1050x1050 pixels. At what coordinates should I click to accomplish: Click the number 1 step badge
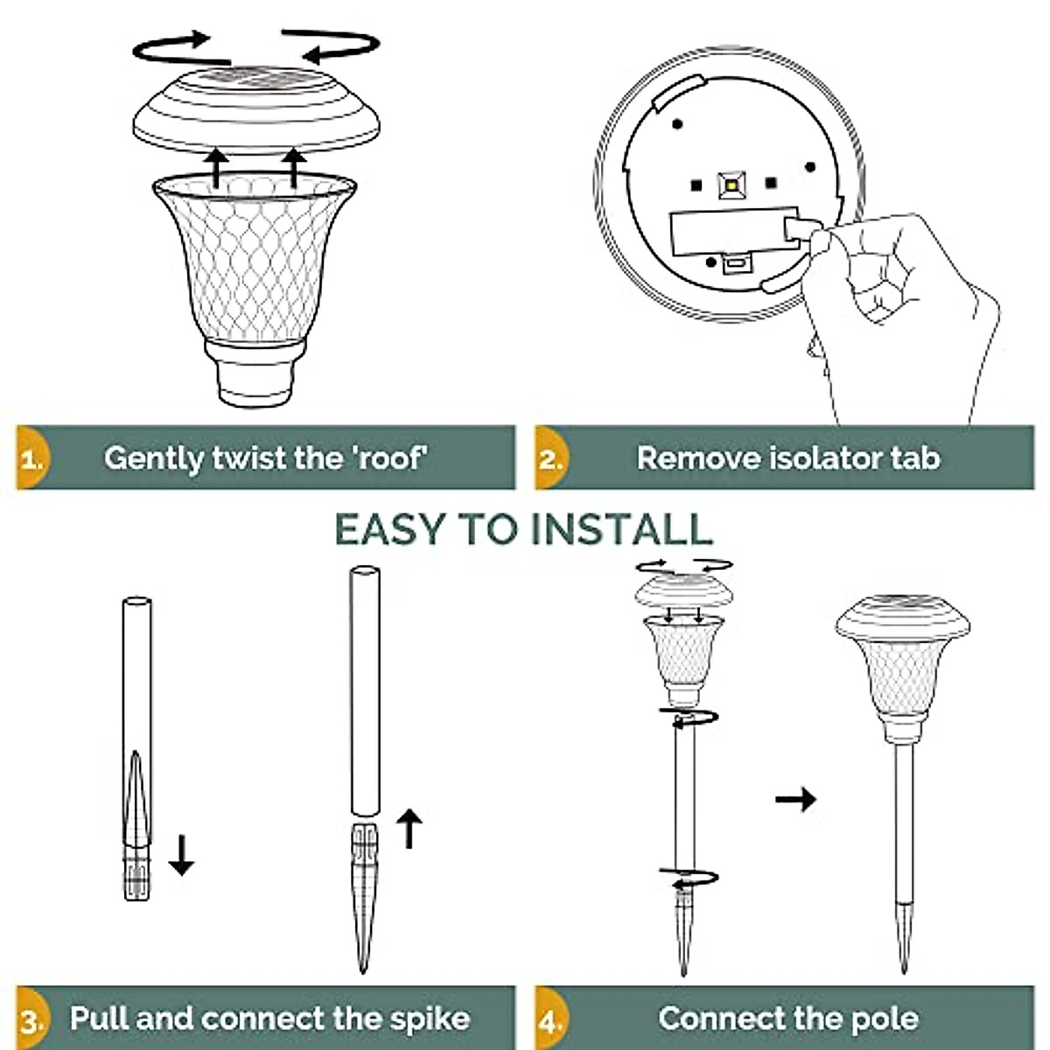tap(31, 458)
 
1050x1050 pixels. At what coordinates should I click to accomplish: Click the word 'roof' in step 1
tap(391, 458)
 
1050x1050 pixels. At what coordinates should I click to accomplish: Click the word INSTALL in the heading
tap(622, 529)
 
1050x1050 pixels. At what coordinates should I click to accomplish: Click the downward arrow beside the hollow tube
tap(181, 855)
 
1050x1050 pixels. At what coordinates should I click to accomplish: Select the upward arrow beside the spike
tap(409, 828)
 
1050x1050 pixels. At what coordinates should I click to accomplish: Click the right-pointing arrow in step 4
tap(796, 799)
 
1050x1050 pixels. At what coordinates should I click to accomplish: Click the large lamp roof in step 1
tap(255, 109)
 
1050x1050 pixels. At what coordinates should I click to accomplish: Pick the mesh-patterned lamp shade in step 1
tap(254, 262)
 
